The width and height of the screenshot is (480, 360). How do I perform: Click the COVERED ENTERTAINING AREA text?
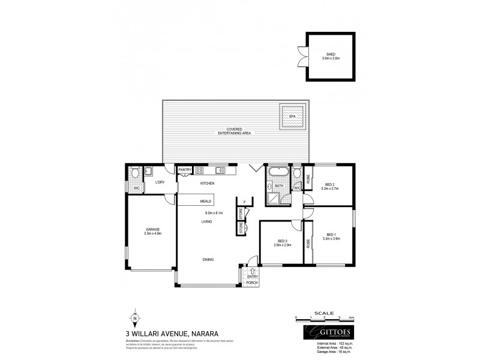pos(235,131)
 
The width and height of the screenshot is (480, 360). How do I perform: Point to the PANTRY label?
pos(185,170)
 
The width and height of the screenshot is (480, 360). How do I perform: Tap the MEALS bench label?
pos(206,202)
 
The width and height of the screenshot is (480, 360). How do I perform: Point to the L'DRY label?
pos(160,182)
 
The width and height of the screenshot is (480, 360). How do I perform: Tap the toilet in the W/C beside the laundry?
pos(136,173)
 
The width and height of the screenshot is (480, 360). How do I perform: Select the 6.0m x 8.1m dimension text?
pos(214,213)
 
